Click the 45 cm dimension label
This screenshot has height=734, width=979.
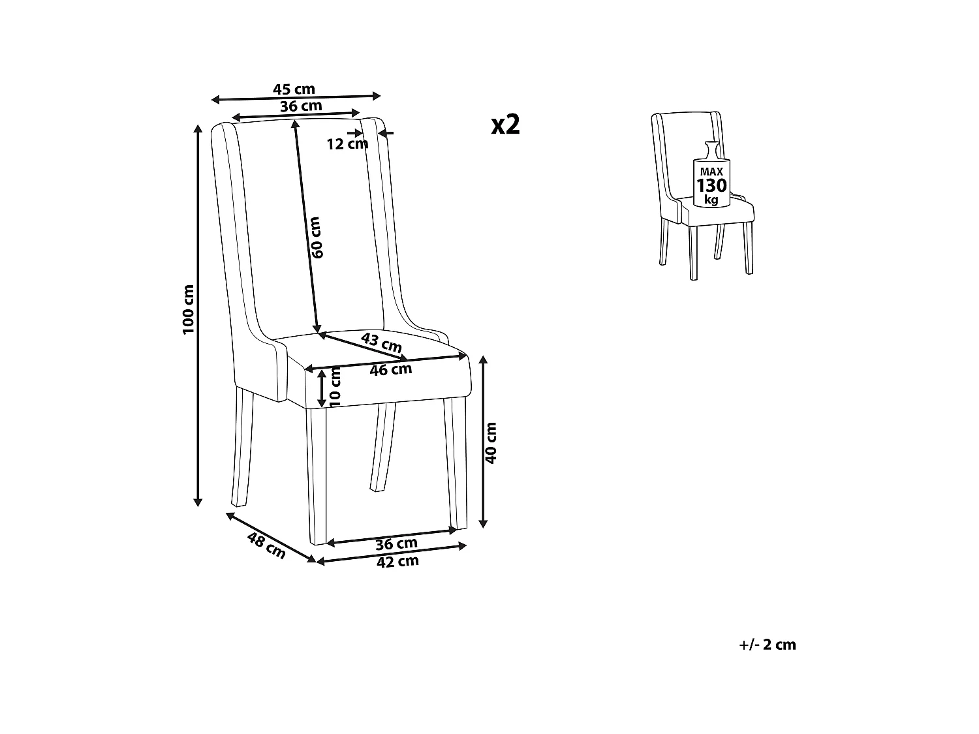click(x=294, y=89)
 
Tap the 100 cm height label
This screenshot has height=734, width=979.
click(x=189, y=310)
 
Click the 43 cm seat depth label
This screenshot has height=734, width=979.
click(x=382, y=343)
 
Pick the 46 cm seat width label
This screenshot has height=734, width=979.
click(x=390, y=370)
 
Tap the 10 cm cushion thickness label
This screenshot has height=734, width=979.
click(x=335, y=388)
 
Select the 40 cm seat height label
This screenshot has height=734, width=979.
click(x=491, y=442)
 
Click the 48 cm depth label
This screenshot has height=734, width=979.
click(x=266, y=545)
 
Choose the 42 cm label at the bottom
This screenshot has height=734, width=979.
click(x=397, y=561)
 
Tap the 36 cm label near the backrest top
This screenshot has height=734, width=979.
click(x=300, y=106)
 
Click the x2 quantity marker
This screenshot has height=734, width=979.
click(x=506, y=124)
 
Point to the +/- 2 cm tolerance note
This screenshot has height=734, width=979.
click(x=768, y=645)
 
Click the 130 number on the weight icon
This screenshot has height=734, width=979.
click(x=711, y=185)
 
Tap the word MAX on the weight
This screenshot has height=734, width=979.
click(x=711, y=172)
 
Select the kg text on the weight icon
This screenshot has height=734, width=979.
click(x=711, y=200)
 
